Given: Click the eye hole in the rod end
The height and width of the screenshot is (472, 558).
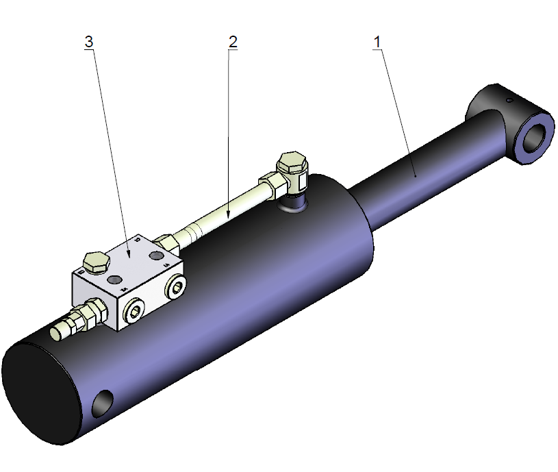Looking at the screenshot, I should (536, 136).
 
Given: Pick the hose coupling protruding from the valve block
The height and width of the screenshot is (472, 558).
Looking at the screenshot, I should (68, 327).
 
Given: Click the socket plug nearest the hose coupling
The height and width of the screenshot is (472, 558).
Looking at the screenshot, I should (134, 313).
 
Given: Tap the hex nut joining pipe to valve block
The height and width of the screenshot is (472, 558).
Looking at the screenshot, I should (167, 242).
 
